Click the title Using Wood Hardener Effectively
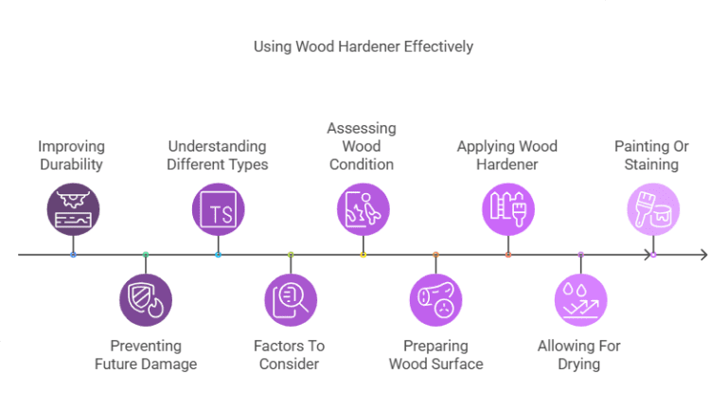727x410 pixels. click(x=363, y=45)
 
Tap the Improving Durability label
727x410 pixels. click(x=72, y=155)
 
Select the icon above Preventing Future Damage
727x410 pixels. click(x=145, y=300)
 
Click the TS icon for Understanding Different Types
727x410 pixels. click(x=218, y=209)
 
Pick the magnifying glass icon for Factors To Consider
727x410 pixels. click(x=290, y=300)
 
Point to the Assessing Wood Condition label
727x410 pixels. click(x=362, y=146)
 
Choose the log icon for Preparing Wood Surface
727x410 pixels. click(x=435, y=300)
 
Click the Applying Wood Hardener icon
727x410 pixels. click(x=507, y=209)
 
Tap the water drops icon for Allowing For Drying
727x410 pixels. click(x=579, y=300)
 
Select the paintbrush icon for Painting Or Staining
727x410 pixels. click(x=652, y=209)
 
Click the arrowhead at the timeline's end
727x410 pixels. click(x=702, y=255)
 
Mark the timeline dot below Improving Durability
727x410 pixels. click(x=73, y=255)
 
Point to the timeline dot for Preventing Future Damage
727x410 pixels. click(x=145, y=255)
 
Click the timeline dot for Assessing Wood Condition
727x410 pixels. click(x=363, y=255)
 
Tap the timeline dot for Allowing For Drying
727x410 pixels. click(x=580, y=255)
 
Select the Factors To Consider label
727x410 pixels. click(x=290, y=355)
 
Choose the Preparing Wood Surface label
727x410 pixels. click(x=435, y=355)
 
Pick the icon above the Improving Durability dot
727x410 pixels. click(x=73, y=209)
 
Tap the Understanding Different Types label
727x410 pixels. click(x=218, y=155)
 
